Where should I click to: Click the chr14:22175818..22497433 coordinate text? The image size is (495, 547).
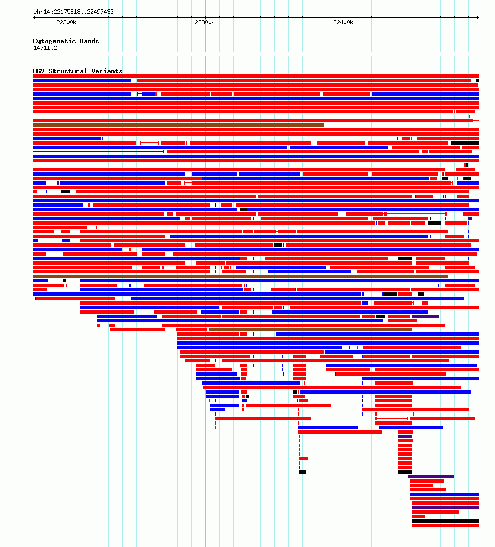(x=73, y=12)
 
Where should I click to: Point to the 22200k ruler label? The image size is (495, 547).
(x=66, y=22)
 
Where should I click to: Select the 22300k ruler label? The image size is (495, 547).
(x=205, y=22)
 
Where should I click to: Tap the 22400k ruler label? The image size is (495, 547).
(x=343, y=22)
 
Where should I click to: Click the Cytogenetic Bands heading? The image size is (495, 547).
(x=66, y=41)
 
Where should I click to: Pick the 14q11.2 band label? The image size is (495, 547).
(x=45, y=48)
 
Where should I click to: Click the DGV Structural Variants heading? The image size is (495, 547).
(x=78, y=71)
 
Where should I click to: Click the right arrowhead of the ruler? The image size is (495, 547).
(x=478, y=17)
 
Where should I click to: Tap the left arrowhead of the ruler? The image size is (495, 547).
(x=34, y=17)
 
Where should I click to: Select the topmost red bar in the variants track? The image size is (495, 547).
(x=256, y=76)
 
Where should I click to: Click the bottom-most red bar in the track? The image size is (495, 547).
(x=445, y=525)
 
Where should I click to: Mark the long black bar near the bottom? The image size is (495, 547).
(x=445, y=521)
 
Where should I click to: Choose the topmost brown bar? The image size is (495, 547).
(x=178, y=125)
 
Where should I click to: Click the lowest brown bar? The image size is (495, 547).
(x=310, y=330)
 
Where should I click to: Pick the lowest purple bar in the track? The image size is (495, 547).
(x=445, y=508)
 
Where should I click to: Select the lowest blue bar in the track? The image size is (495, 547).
(x=445, y=494)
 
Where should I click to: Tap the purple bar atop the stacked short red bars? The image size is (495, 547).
(x=405, y=436)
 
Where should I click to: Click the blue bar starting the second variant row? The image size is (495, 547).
(x=82, y=81)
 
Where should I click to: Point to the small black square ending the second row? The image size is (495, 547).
(x=478, y=81)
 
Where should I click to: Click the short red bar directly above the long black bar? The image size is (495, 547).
(x=418, y=516)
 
